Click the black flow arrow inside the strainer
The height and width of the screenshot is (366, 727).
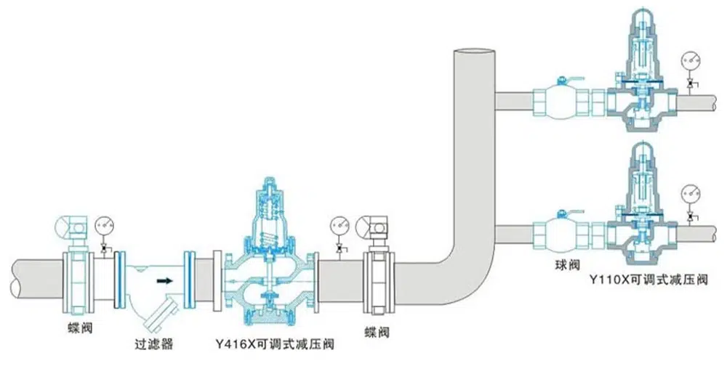pos(166,280)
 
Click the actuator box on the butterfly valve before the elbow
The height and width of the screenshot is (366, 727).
pos(377,228)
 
